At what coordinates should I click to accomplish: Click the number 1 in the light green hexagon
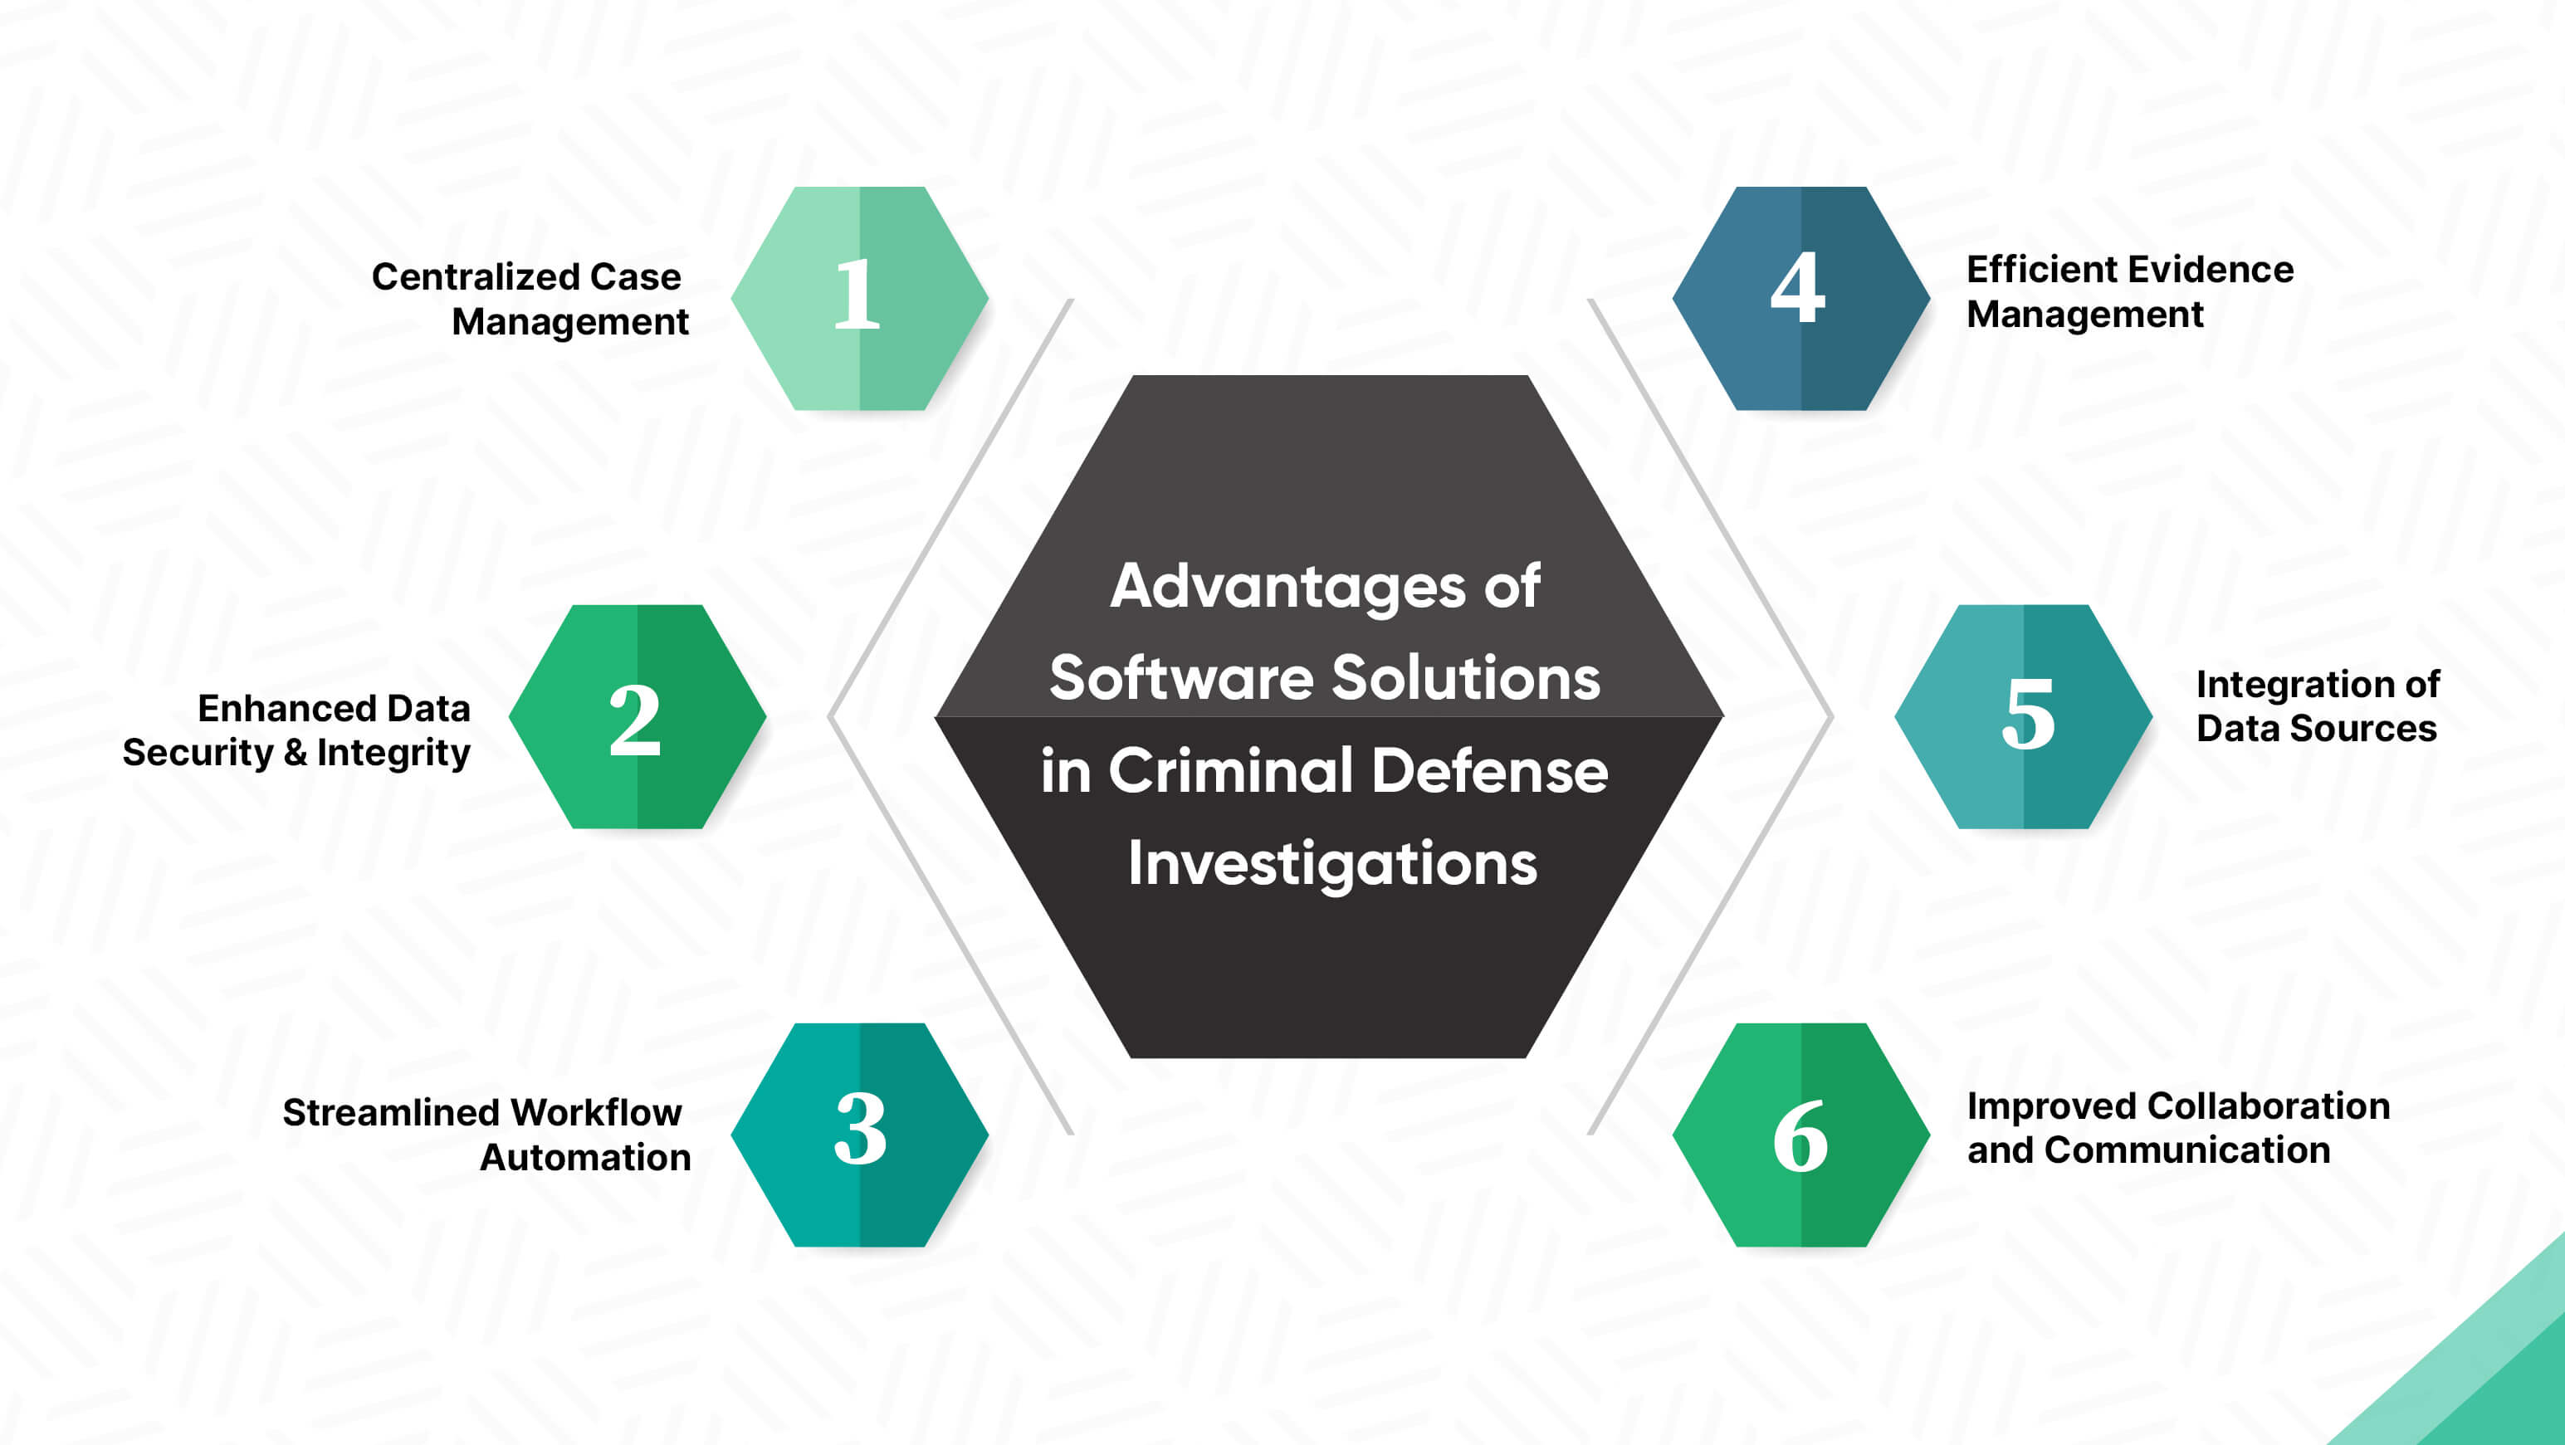pos(857,294)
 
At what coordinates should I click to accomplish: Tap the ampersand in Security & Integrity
pos(296,753)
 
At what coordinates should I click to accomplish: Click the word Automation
pos(585,1157)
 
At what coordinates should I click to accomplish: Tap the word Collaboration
pos(2269,1106)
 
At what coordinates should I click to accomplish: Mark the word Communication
pos(2187,1150)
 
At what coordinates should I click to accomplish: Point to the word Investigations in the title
pos(1332,863)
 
